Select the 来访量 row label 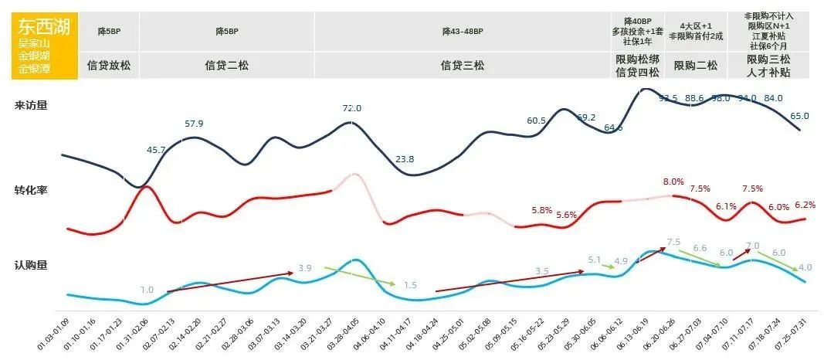click(x=31, y=105)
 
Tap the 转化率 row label click(x=31, y=190)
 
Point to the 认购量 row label click(x=31, y=265)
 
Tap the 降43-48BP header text click(x=462, y=32)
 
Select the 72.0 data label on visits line click(x=351, y=109)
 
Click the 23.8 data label click(x=404, y=159)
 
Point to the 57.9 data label click(x=194, y=124)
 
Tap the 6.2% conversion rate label click(x=805, y=205)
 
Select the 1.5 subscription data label click(x=410, y=285)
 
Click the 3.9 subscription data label click(x=304, y=268)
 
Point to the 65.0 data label click(x=799, y=116)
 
